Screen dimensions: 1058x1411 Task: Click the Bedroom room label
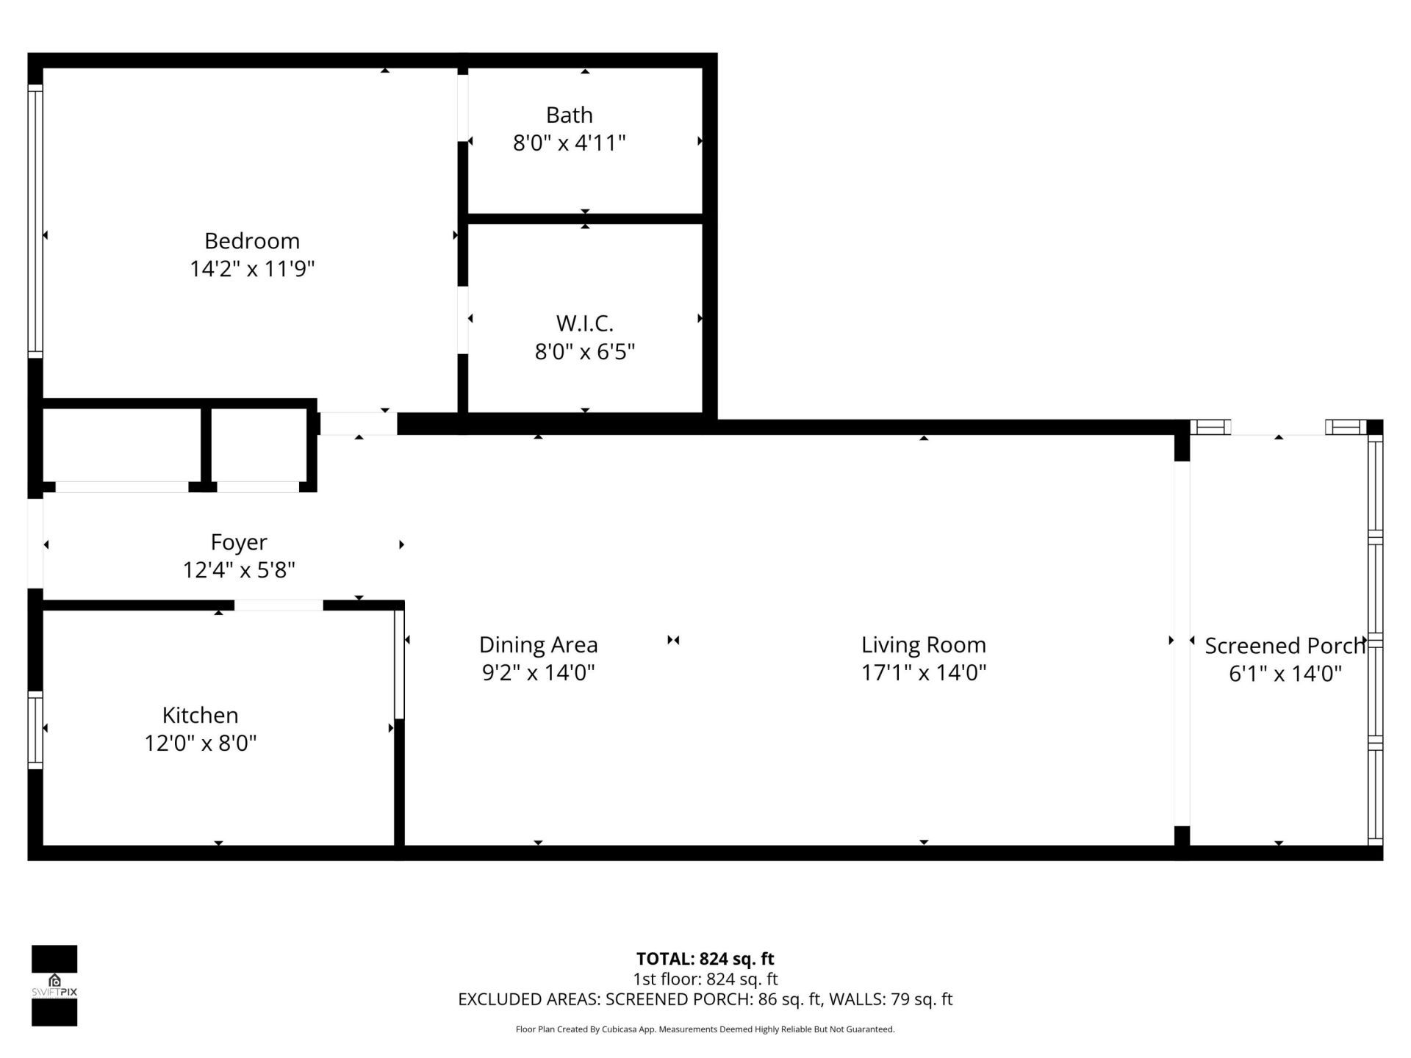[x=252, y=241]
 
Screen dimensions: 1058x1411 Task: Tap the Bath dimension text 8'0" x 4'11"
[x=569, y=143]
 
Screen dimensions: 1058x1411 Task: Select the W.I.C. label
[x=584, y=323]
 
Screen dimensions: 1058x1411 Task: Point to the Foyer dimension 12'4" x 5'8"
[x=239, y=570]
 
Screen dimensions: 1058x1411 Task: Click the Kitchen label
[x=200, y=715]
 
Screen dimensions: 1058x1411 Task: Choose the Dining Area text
[x=538, y=645]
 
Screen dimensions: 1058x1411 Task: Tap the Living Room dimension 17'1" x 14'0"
[x=923, y=672]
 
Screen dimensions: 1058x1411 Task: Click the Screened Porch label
[x=1284, y=646]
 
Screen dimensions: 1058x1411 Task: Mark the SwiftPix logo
[x=54, y=985]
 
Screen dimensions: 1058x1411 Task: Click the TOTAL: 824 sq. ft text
[x=705, y=959]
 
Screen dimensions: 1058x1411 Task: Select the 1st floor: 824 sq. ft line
[x=705, y=979]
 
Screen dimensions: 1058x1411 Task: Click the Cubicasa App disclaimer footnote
[x=705, y=1029]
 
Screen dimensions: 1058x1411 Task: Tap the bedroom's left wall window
[x=35, y=220]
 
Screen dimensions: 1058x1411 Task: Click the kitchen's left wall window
[x=35, y=730]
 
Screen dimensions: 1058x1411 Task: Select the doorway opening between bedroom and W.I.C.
[x=463, y=320]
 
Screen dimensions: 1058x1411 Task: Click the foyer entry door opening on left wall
[x=35, y=544]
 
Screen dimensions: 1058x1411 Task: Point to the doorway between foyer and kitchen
[x=279, y=605]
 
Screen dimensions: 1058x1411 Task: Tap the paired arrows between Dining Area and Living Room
[x=673, y=640]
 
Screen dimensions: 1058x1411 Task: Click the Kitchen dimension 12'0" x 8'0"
[x=200, y=744]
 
